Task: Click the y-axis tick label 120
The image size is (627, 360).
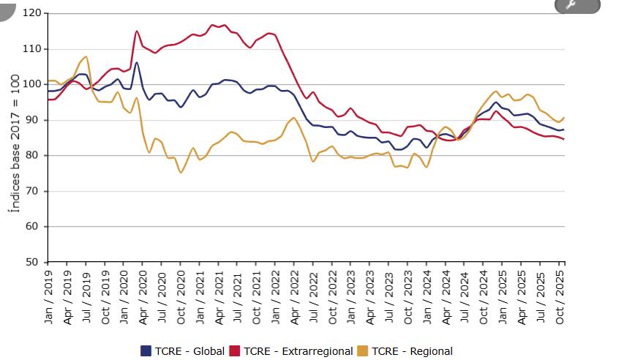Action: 33,13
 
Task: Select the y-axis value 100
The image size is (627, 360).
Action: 33,84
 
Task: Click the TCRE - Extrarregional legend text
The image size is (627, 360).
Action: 298,351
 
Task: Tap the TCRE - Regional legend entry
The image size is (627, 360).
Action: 412,351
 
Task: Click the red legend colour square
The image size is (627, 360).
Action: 235,351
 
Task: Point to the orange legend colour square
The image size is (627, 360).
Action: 364,351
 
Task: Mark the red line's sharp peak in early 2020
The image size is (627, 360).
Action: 137,31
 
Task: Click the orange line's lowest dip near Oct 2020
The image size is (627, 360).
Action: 181,172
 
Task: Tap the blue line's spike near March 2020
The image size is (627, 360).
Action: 137,63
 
